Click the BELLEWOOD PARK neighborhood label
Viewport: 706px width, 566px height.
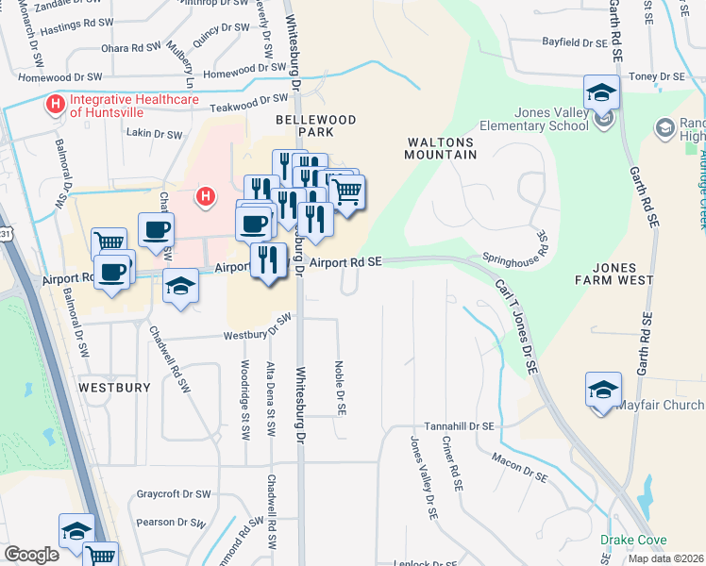pos(303,126)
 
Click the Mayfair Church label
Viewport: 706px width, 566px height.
pos(661,406)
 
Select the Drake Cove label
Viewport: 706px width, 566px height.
pos(632,541)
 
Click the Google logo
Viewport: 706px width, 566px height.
pos(31,555)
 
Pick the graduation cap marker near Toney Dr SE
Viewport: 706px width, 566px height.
pos(601,92)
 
